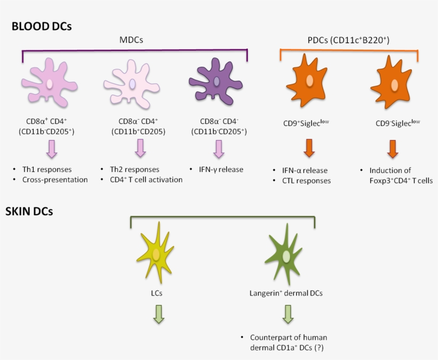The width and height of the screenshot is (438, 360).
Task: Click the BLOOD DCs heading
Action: (41, 26)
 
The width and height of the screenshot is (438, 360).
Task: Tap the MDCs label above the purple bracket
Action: (132, 41)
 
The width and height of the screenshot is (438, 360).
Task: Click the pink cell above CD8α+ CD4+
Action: (49, 84)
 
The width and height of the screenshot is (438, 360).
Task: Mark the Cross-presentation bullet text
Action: (54, 179)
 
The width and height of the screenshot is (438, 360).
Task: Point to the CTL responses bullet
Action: (306, 181)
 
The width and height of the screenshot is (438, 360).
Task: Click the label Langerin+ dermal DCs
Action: (286, 293)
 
